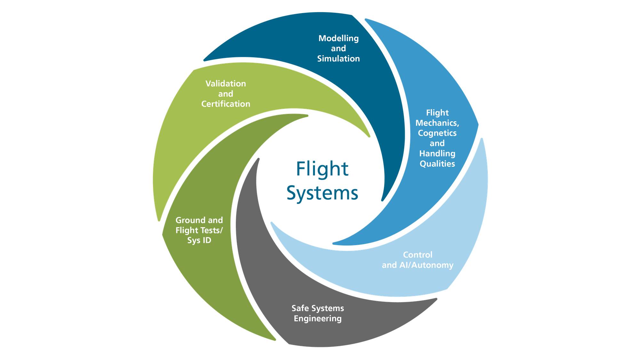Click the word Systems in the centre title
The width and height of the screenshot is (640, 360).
(322, 193)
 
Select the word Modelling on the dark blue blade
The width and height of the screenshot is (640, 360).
(339, 39)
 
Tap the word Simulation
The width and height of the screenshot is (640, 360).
(339, 59)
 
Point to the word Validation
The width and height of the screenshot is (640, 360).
(226, 84)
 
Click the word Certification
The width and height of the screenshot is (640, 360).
(226, 104)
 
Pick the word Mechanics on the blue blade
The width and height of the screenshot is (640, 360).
(436, 123)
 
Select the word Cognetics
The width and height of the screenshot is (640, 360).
(437, 133)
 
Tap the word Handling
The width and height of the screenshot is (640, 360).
(437, 154)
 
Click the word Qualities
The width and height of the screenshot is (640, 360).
(437, 164)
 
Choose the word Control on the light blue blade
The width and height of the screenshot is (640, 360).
(418, 255)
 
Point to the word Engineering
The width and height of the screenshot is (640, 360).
(318, 319)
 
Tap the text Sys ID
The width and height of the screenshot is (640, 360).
(199, 240)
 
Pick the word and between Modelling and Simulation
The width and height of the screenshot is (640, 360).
(339, 49)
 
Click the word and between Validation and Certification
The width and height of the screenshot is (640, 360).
(226, 94)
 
